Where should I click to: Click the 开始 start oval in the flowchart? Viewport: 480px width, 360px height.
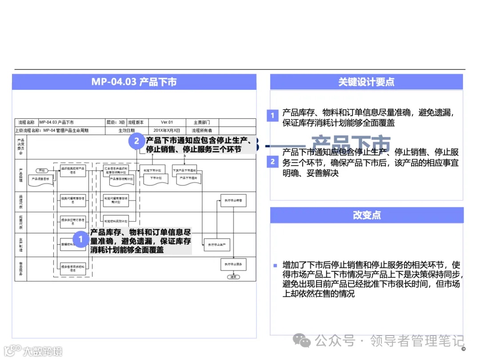(x=41, y=170)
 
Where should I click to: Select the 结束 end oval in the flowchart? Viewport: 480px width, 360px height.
(x=232, y=276)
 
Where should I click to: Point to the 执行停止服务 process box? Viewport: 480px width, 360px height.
(x=233, y=264)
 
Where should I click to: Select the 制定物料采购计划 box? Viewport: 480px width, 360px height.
(x=116, y=220)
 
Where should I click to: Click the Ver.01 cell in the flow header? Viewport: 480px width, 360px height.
(x=167, y=122)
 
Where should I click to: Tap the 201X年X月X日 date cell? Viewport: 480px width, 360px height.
(x=167, y=131)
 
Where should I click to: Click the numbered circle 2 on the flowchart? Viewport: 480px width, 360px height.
(x=136, y=141)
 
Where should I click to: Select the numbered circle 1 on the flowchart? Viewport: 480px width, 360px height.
(x=80, y=239)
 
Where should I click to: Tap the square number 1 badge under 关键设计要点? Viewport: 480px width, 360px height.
(x=272, y=116)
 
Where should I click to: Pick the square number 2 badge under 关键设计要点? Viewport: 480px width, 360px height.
(x=272, y=162)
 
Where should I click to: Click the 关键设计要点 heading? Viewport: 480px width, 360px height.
(x=366, y=82)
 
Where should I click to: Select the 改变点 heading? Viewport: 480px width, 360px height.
(x=366, y=215)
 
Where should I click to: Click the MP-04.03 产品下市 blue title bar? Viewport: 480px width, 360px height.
(x=134, y=82)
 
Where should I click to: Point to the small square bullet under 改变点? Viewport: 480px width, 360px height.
(x=275, y=265)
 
